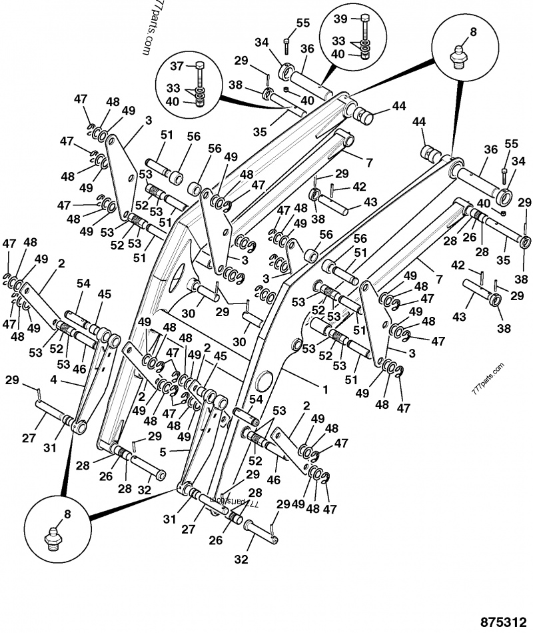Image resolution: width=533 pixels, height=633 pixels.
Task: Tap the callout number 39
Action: pos(340,18)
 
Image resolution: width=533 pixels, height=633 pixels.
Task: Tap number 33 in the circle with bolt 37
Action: pos(174,87)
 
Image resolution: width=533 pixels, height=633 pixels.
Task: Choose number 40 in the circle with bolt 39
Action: pos(338,55)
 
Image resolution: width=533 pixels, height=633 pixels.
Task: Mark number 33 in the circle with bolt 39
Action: pos(339,40)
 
